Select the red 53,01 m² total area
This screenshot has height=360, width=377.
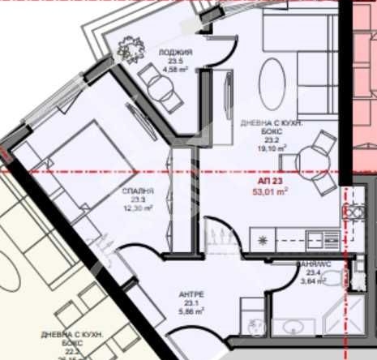point(272,192)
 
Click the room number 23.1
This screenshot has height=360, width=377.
point(191,301)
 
